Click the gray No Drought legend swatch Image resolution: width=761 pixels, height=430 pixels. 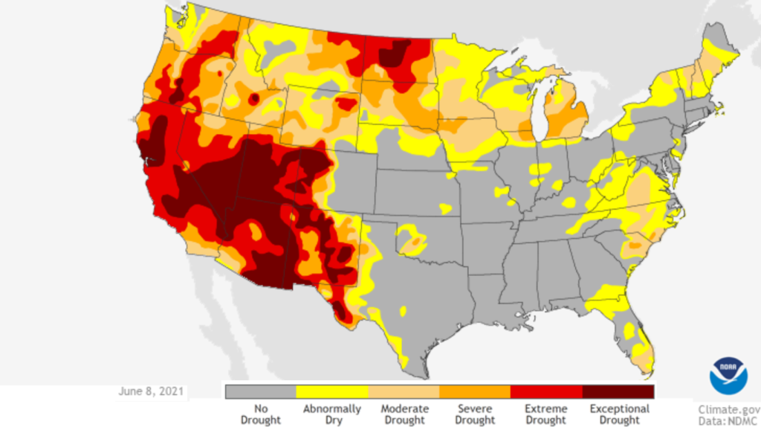pyautogui.click(x=260, y=391)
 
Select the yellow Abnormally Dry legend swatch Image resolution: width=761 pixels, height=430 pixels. pyautogui.click(x=332, y=391)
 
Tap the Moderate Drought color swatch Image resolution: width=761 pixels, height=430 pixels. pyautogui.click(x=404, y=391)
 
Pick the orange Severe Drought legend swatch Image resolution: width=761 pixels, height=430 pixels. pyautogui.click(x=475, y=391)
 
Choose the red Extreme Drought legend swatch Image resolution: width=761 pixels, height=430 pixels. pyautogui.click(x=546, y=391)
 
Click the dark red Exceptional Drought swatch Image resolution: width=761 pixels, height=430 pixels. pyautogui.click(x=618, y=391)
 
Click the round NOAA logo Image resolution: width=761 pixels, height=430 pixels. pyautogui.click(x=728, y=376)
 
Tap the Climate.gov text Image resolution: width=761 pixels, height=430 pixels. pyautogui.click(x=728, y=408)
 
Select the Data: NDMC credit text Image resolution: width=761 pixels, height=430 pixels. pyautogui.click(x=728, y=420)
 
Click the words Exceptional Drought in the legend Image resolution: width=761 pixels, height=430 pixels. pyautogui.click(x=619, y=414)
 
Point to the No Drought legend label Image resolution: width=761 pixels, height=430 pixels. pyautogui.click(x=260, y=414)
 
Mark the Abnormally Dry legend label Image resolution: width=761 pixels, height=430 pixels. pyautogui.click(x=332, y=414)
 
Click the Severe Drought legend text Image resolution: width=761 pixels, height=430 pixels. pyautogui.click(x=475, y=414)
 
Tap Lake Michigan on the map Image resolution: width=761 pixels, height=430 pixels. pyautogui.click(x=540, y=112)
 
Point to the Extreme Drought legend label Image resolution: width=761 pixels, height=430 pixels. pyautogui.click(x=546, y=414)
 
